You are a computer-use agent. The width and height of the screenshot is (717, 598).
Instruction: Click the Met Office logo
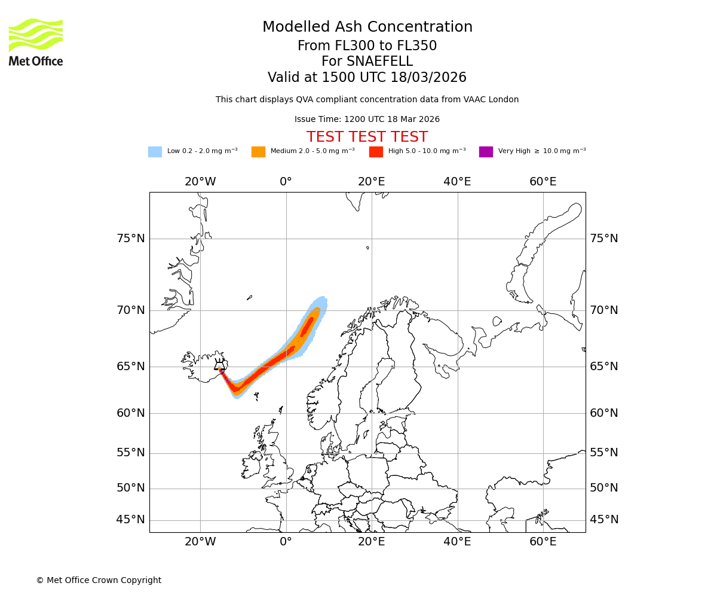point(36,42)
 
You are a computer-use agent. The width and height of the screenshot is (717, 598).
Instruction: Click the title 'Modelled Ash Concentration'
point(367,28)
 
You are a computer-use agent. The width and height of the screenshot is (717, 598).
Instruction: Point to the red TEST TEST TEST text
point(367,137)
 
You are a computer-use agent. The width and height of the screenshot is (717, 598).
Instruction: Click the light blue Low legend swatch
point(155,152)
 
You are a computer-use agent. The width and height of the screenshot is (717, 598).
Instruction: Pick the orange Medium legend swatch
point(258,152)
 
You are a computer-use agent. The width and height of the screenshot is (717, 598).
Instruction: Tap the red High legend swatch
point(376,152)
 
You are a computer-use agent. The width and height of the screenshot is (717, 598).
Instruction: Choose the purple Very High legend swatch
point(486,152)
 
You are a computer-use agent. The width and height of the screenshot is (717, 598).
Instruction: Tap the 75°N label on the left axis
point(131,239)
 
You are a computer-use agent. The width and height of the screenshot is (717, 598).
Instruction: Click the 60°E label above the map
point(543,182)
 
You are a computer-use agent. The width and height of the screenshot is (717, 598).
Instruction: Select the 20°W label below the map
point(200,542)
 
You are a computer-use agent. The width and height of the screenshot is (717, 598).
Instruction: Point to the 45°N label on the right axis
point(604,520)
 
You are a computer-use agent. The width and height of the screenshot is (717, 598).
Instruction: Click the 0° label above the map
point(286,182)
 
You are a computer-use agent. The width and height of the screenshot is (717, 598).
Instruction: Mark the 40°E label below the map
point(457,542)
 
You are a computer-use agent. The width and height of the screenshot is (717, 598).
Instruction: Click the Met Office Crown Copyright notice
point(99,580)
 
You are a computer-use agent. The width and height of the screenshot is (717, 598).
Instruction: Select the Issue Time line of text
point(367,120)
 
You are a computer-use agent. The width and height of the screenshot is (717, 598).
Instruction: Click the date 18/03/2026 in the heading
point(428,78)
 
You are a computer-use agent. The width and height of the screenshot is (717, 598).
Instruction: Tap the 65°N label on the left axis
point(131,367)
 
